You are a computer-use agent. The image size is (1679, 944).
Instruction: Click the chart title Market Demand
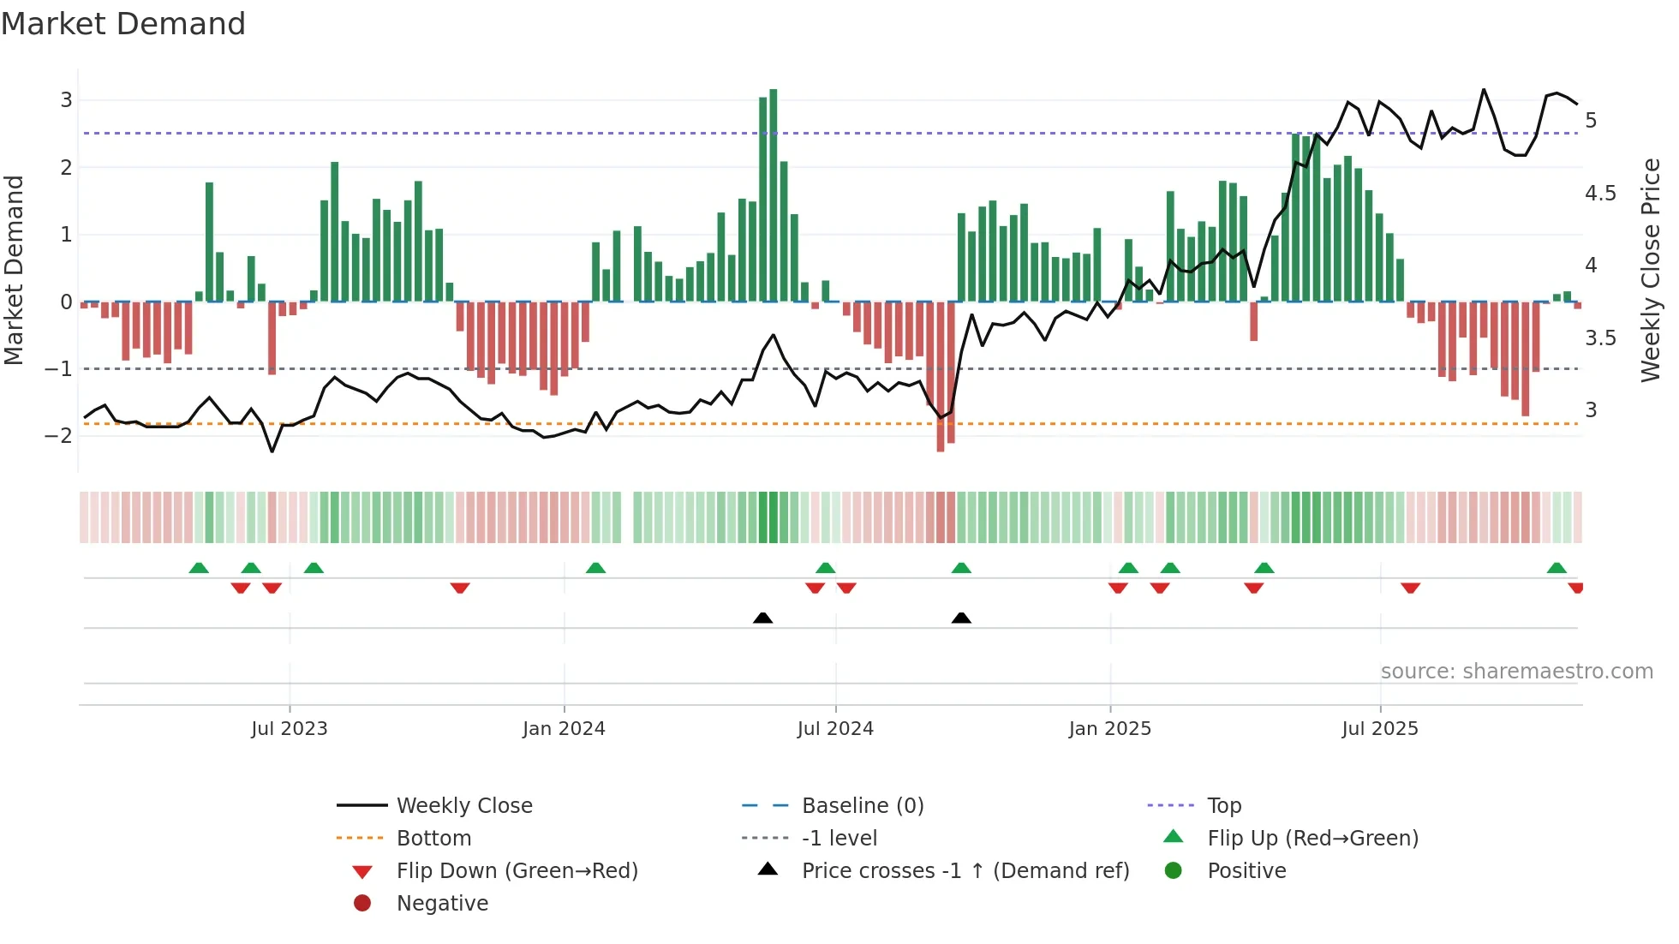coord(123,24)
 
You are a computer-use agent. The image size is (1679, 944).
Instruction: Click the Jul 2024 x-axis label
coord(835,728)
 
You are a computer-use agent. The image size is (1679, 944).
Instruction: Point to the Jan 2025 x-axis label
coord(1109,728)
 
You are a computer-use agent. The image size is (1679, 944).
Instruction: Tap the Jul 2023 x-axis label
coord(290,728)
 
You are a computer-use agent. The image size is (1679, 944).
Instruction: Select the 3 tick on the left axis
coord(66,100)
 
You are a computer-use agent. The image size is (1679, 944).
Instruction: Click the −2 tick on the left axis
coord(58,435)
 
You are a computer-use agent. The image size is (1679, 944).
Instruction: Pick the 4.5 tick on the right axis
coord(1600,194)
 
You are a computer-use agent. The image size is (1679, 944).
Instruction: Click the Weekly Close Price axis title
coord(1650,270)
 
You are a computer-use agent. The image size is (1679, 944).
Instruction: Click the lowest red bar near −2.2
coord(941,377)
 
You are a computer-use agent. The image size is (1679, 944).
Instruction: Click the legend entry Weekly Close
coord(464,805)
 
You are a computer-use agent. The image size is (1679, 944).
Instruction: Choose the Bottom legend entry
coord(433,838)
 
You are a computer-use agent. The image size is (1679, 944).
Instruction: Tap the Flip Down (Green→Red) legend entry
coord(517,870)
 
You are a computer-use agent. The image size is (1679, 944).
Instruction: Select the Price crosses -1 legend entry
coord(965,870)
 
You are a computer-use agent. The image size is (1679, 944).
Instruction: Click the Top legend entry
coord(1224,805)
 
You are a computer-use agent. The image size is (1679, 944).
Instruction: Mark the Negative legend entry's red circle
coord(362,903)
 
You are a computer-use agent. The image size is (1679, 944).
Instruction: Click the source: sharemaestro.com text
coord(1516,671)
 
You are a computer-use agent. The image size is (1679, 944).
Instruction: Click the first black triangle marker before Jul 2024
coord(762,618)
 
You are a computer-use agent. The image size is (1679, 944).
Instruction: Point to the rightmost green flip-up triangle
coord(1557,568)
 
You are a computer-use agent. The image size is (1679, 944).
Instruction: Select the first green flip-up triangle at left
coord(199,568)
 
